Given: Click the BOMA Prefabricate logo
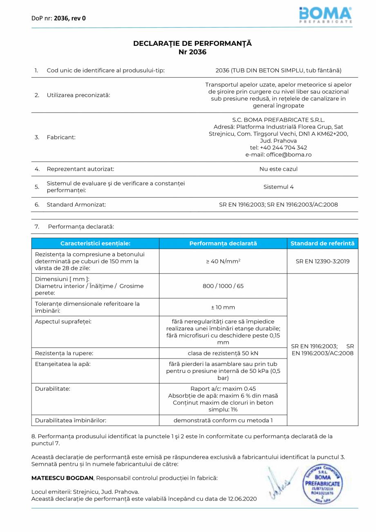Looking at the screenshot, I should point(325,15).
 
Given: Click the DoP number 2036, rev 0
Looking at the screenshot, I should point(69,18).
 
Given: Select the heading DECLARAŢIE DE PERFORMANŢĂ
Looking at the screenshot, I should point(192,43).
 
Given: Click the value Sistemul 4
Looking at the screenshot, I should point(278,187).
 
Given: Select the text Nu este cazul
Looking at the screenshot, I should point(278,169).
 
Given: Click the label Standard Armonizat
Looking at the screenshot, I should point(76,205).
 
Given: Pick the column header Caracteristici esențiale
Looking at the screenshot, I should point(95,243).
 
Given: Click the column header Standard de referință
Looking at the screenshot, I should point(322,243).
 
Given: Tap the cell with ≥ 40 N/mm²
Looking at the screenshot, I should point(223,261).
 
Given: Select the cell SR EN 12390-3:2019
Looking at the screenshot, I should point(322,261).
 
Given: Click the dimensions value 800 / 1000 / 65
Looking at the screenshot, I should point(223,286).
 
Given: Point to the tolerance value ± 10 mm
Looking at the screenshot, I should point(223,307).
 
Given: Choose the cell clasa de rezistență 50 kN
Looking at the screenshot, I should point(223,353).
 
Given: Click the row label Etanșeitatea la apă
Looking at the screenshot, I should point(63,363).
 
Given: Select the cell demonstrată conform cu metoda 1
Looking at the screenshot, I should point(223,420).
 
